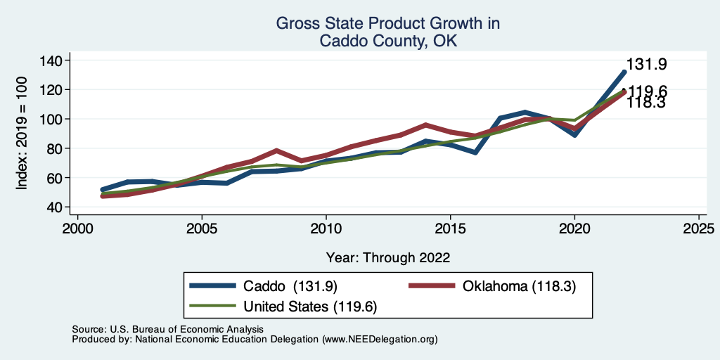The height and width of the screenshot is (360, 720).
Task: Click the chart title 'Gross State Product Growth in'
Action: click(x=387, y=23)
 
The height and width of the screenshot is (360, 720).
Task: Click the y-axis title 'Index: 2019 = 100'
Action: click(x=22, y=134)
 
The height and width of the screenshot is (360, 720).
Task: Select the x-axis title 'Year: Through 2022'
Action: click(x=387, y=257)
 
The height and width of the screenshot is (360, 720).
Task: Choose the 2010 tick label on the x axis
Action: click(x=326, y=230)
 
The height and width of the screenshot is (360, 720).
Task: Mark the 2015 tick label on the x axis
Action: click(x=450, y=230)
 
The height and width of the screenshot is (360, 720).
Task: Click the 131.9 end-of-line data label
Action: click(x=646, y=65)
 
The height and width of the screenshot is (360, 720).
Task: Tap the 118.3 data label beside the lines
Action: click(x=646, y=103)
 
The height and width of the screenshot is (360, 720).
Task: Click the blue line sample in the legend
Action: click(x=213, y=286)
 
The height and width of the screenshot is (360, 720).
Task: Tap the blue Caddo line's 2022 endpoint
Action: click(x=624, y=72)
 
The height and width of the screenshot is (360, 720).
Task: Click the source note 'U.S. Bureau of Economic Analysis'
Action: click(x=184, y=329)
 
